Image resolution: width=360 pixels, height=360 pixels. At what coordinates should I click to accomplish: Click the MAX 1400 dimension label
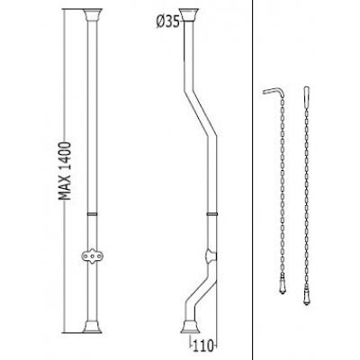click(x=65, y=170)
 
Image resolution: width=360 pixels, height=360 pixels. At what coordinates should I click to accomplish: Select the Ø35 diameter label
click(x=167, y=22)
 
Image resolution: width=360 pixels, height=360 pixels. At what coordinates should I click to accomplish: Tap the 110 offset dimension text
click(x=203, y=345)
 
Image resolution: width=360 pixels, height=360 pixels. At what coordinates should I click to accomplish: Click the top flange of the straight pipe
click(x=93, y=14)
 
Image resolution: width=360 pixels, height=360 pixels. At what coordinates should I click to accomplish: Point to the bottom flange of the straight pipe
click(x=93, y=327)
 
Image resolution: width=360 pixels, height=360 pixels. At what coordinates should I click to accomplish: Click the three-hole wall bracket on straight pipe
click(x=93, y=256)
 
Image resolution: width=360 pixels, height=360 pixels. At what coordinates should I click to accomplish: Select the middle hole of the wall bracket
click(x=93, y=256)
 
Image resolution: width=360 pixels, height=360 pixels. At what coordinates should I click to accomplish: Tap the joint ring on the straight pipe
click(x=93, y=214)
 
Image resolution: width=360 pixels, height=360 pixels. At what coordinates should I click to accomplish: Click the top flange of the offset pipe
click(x=190, y=14)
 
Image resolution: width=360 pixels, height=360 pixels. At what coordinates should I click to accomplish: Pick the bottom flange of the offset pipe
click(x=190, y=327)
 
